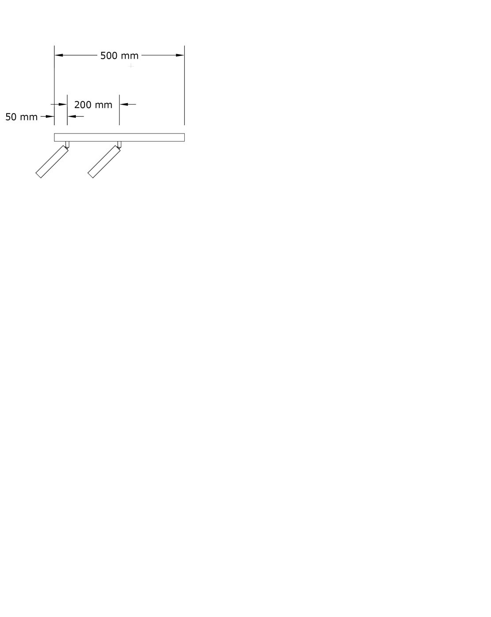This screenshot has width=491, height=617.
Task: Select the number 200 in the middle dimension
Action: pos(82,105)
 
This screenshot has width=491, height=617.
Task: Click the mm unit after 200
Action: pos(103,105)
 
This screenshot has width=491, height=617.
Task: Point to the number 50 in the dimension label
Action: pos(11,117)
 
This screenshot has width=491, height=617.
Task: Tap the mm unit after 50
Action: pos(29,118)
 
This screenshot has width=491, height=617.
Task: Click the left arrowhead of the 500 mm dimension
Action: pos(59,55)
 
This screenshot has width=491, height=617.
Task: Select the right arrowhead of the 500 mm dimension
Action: pos(180,55)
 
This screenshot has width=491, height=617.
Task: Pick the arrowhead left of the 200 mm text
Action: pos(63,104)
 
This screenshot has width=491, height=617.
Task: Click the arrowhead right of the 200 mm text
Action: pos(124,104)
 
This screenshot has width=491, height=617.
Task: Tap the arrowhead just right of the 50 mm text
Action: pos(50,116)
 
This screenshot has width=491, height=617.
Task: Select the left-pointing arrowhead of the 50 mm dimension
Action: pos(72,116)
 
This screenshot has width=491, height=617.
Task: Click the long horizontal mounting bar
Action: pos(119,138)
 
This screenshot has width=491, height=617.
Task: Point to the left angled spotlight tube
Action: pos(52,162)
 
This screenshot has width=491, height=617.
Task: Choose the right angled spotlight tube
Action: pos(104,162)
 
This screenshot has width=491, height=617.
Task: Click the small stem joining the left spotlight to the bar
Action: pos(67,145)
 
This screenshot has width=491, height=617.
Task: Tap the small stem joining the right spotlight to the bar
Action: pos(119,145)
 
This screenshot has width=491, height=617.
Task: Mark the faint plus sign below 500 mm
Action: pos(131,66)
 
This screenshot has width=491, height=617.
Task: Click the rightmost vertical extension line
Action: pos(184,85)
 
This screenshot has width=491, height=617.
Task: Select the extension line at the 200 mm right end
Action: pos(119,110)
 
